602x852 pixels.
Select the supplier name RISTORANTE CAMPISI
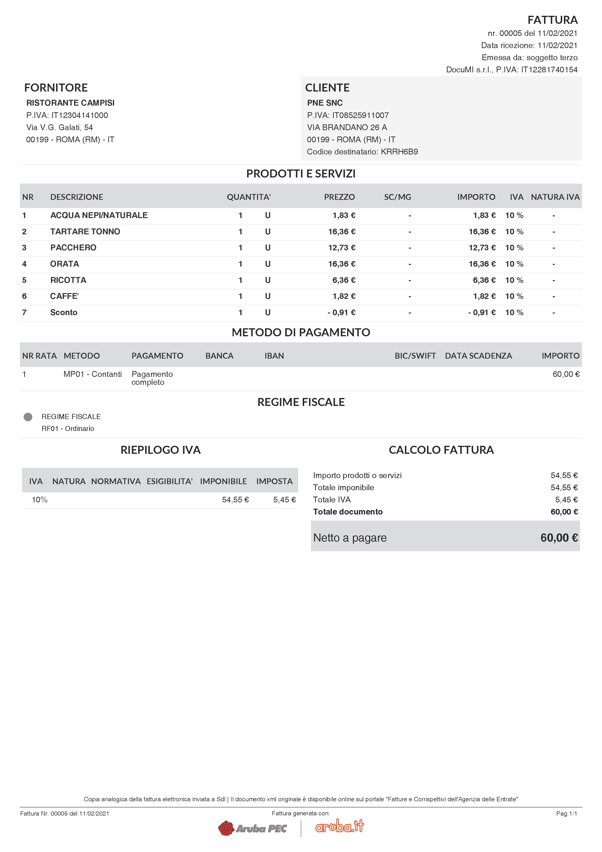[x=70, y=103]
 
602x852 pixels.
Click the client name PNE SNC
[x=325, y=103]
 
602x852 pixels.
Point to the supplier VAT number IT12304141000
[x=79, y=115]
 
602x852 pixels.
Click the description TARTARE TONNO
[x=85, y=232]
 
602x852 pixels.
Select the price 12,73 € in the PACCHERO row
[x=341, y=247]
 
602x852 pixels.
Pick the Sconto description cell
[x=64, y=312]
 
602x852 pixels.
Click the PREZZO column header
[x=339, y=197]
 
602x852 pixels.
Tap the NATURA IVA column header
[x=555, y=197]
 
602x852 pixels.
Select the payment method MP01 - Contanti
[x=92, y=374]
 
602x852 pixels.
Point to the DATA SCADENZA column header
[x=478, y=356]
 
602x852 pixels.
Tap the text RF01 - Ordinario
[x=68, y=429]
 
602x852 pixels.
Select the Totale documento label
[x=348, y=512]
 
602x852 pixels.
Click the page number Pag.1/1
[x=566, y=813]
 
